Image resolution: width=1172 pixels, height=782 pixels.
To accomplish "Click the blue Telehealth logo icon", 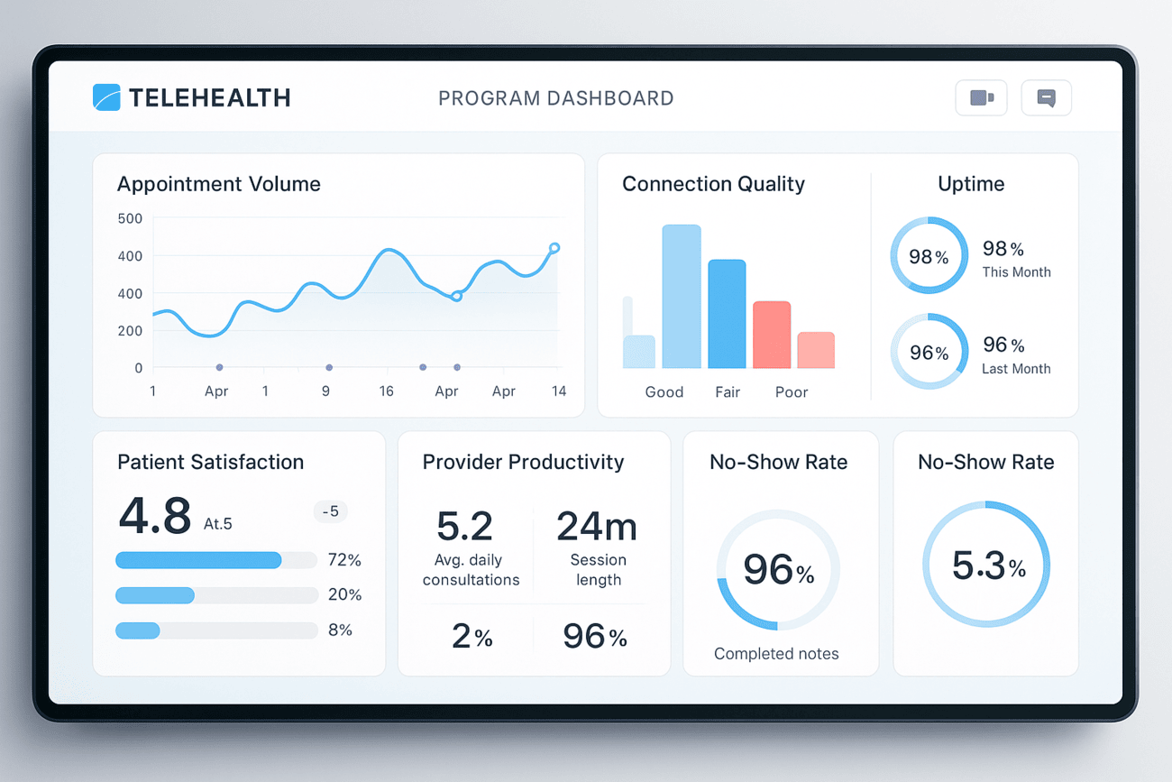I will pos(106,97).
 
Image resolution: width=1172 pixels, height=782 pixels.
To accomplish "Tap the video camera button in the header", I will pos(981,97).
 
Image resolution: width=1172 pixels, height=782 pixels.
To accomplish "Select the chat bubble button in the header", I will pos(1046,97).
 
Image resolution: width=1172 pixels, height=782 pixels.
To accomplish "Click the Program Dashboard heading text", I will pos(555,98).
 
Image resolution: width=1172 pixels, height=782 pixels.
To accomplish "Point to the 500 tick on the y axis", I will pos(130,218).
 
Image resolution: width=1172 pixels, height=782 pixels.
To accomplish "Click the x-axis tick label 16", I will pos(386,391).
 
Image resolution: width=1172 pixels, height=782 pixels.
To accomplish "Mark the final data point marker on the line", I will pos(554,248).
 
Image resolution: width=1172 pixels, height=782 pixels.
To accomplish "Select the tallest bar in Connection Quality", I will pos(682,297).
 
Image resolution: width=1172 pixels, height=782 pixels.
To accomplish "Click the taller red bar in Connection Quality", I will pos(772,335).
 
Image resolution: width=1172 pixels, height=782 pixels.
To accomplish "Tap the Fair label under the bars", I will pos(728,392).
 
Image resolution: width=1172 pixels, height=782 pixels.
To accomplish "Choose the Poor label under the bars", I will pos(792,392).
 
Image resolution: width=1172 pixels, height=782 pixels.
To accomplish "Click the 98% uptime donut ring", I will pos(929,255).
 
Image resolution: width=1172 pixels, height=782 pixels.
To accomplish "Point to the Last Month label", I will pos(1016,368).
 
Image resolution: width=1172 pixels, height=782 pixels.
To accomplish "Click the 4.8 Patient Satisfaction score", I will pos(155,516).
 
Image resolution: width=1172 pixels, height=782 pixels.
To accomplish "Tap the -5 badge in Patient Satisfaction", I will pos(331,511).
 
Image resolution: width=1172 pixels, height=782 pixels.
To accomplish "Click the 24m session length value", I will pos(597,526).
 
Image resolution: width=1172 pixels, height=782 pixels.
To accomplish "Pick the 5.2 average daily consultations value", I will pos(464,526).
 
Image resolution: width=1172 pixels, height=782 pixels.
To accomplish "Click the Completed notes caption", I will pos(776,654).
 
